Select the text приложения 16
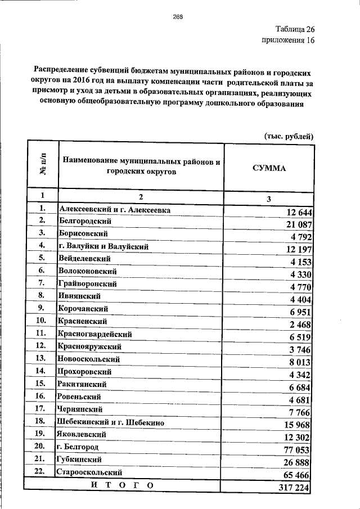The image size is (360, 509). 288,41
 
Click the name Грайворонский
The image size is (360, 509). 87,284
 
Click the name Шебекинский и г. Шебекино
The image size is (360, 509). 110,421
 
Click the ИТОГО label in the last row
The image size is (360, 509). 121,484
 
